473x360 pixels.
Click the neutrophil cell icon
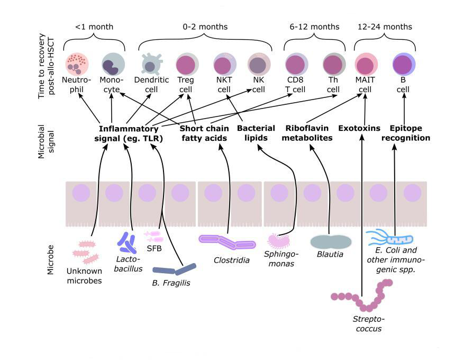(x=77, y=64)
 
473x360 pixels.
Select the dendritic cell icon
(x=150, y=64)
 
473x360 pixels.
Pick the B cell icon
(x=404, y=64)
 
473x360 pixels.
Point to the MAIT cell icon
(x=366, y=64)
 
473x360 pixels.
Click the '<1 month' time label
(x=94, y=26)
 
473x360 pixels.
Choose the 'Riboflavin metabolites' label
(x=309, y=133)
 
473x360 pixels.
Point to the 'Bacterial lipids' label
(x=256, y=133)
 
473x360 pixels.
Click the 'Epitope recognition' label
(x=410, y=133)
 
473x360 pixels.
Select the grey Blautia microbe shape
(x=331, y=242)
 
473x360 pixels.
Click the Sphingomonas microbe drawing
(x=280, y=241)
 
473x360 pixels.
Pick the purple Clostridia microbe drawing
(x=227, y=242)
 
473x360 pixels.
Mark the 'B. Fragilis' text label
(x=171, y=283)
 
